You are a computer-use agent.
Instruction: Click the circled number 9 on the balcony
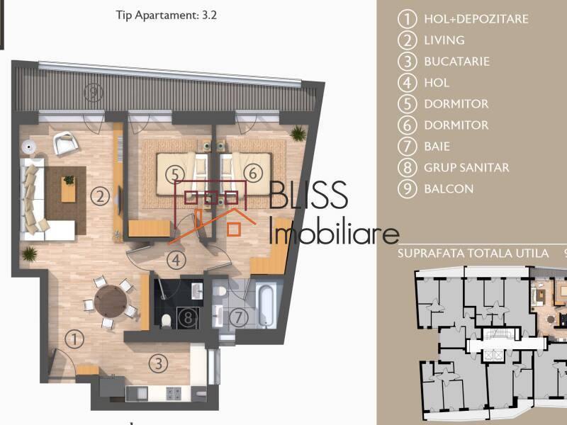click(91, 91)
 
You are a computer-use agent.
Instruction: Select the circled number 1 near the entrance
click(74, 339)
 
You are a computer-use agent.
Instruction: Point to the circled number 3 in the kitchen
click(159, 364)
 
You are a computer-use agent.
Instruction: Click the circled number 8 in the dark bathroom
click(187, 317)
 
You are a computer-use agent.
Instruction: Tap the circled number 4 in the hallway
click(176, 260)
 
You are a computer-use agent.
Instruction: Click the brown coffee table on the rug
click(69, 189)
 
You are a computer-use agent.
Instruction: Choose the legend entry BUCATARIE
click(456, 62)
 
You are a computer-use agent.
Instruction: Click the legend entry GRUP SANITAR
click(466, 168)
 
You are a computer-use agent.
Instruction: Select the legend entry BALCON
click(449, 189)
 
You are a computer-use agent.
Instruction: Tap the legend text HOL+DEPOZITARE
click(476, 19)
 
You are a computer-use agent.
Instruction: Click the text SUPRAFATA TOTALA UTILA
click(473, 253)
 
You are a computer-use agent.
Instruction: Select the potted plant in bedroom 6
click(298, 133)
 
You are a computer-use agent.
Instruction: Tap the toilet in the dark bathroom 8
click(166, 320)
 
